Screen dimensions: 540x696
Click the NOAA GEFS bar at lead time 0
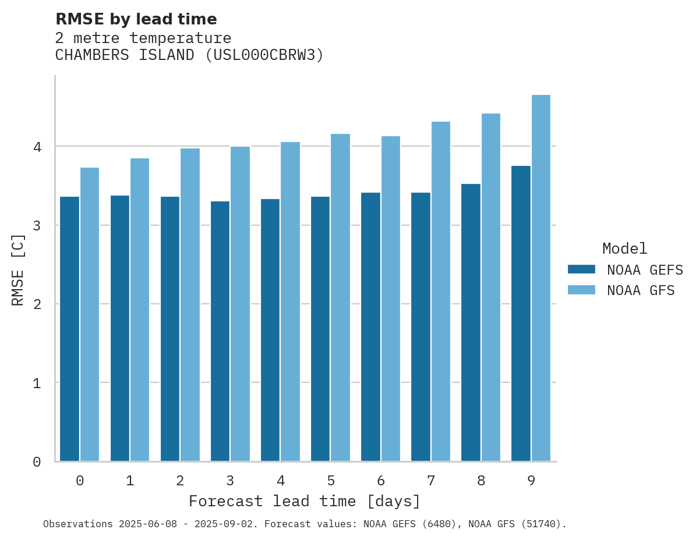click(69, 329)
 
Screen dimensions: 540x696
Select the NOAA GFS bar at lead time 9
click(541, 278)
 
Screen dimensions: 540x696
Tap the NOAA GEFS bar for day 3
click(220, 331)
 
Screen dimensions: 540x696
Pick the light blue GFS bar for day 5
click(341, 297)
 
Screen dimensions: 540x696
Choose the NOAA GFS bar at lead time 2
click(190, 305)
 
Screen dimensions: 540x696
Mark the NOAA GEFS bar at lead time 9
click(521, 314)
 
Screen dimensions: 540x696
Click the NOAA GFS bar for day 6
click(391, 299)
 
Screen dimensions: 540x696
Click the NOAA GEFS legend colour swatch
click(581, 269)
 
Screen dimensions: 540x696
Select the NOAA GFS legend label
click(641, 290)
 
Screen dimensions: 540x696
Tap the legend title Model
click(624, 249)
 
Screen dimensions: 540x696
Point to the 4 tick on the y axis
click(37, 147)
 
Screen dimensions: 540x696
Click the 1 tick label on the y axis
click(37, 383)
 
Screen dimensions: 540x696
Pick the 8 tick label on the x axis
click(481, 481)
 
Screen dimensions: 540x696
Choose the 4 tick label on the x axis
click(281, 481)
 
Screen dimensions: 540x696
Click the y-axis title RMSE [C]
click(18, 269)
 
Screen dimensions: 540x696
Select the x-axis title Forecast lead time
click(304, 502)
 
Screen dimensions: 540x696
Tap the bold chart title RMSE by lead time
click(136, 19)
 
